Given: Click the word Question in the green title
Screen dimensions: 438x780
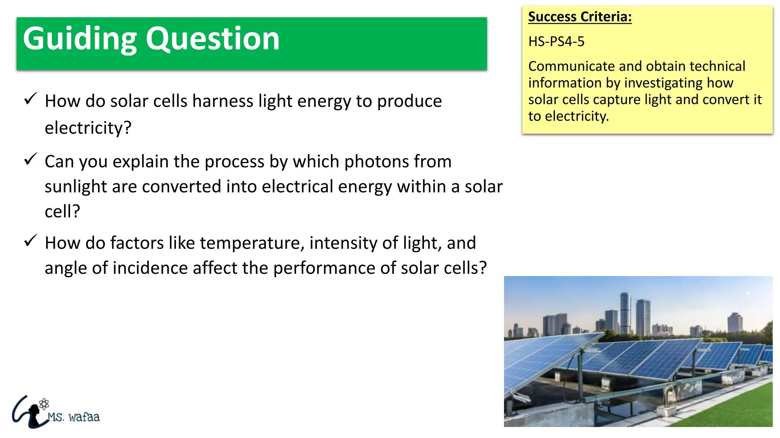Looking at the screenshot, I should click(x=213, y=39).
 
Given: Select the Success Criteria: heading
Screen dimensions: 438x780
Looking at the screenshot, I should click(x=580, y=17).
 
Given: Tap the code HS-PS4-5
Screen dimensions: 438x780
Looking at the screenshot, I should click(x=556, y=41).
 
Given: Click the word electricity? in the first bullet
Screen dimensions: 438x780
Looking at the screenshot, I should click(x=88, y=128).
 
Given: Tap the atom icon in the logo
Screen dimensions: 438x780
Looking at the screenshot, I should click(x=44, y=404).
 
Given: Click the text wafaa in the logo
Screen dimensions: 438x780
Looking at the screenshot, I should click(x=84, y=417).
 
